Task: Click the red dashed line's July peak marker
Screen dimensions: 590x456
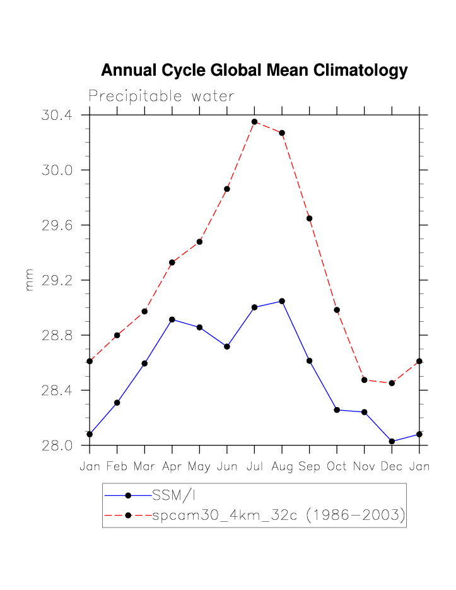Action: click(x=254, y=122)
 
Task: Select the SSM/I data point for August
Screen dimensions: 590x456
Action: click(x=282, y=301)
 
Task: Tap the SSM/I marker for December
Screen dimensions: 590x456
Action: click(x=392, y=441)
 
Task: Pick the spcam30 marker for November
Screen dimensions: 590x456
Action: click(x=365, y=380)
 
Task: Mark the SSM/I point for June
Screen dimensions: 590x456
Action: click(x=227, y=346)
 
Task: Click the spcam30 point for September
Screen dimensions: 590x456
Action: click(x=310, y=218)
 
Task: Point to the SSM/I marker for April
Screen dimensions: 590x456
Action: click(x=172, y=319)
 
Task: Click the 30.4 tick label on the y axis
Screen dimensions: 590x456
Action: click(x=57, y=115)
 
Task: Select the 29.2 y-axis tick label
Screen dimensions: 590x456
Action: click(x=57, y=280)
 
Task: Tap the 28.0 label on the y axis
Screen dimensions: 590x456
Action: click(x=57, y=445)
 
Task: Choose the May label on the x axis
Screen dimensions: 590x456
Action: click(x=199, y=468)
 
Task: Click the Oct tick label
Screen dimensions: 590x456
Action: click(x=337, y=468)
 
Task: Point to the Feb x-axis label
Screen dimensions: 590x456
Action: click(x=117, y=468)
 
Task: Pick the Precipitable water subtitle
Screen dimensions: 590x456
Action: click(x=161, y=96)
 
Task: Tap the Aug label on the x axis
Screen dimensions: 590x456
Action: click(x=282, y=468)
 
